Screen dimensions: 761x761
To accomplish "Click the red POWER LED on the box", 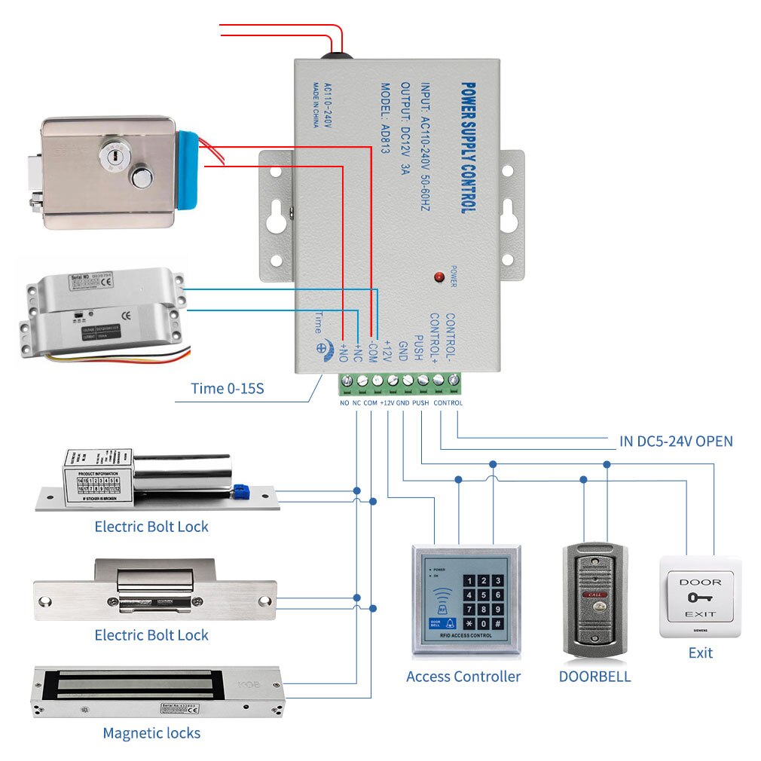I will [x=438, y=277].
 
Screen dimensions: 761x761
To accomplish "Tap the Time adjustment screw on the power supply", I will [x=321, y=349].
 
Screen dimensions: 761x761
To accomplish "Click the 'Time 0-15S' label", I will [x=227, y=389].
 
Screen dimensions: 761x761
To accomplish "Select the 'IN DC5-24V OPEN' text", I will [x=676, y=441].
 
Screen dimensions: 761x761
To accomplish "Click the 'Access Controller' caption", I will [x=463, y=676].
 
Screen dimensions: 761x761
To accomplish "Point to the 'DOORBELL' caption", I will [x=594, y=676].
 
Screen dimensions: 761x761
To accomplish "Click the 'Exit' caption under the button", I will [x=700, y=653].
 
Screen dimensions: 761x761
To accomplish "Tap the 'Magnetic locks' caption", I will [x=151, y=732].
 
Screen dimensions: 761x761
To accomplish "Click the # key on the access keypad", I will [x=497, y=624].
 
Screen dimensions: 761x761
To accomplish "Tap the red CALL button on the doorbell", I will [x=595, y=595].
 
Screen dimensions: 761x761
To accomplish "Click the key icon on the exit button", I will [x=699, y=598].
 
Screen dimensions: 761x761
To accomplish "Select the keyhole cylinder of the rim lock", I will [x=112, y=155].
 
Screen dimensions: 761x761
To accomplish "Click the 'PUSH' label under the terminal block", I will [x=420, y=403].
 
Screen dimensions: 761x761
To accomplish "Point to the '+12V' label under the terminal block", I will [x=387, y=403].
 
